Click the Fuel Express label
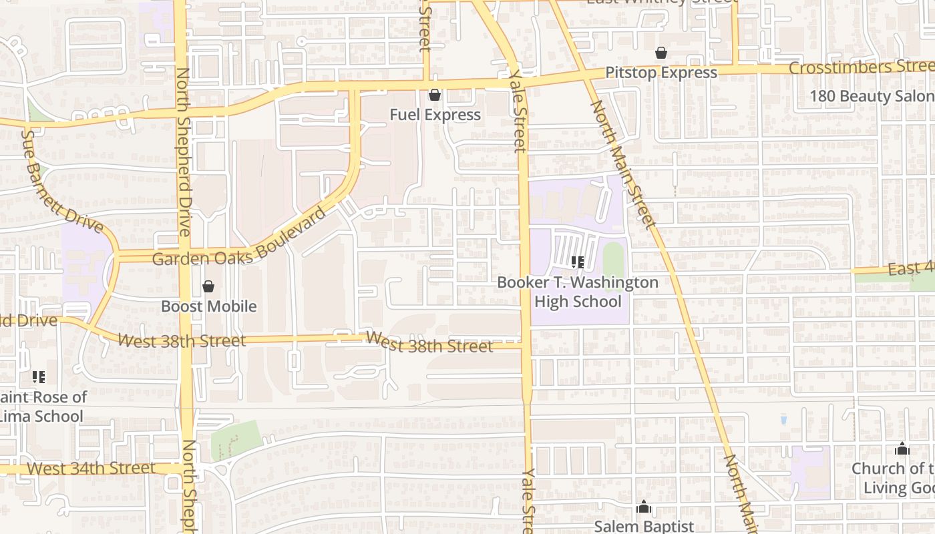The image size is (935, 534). click(x=435, y=115)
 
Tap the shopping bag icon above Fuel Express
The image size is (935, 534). click(x=435, y=95)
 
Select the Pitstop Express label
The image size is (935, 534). click(x=661, y=73)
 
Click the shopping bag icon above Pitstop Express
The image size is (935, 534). click(x=661, y=53)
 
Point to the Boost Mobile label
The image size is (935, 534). click(x=209, y=306)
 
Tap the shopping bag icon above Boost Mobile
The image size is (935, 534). click(x=208, y=286)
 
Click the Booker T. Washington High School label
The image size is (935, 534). click(x=578, y=292)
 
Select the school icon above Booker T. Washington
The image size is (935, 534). click(x=578, y=262)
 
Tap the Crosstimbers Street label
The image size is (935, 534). click(x=862, y=67)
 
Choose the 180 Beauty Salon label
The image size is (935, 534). click(x=872, y=96)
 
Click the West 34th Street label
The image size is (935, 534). click(x=91, y=469)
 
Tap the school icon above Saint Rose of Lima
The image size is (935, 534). click(x=39, y=377)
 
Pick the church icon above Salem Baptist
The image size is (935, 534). click(x=644, y=507)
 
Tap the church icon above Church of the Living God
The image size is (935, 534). click(x=902, y=449)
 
